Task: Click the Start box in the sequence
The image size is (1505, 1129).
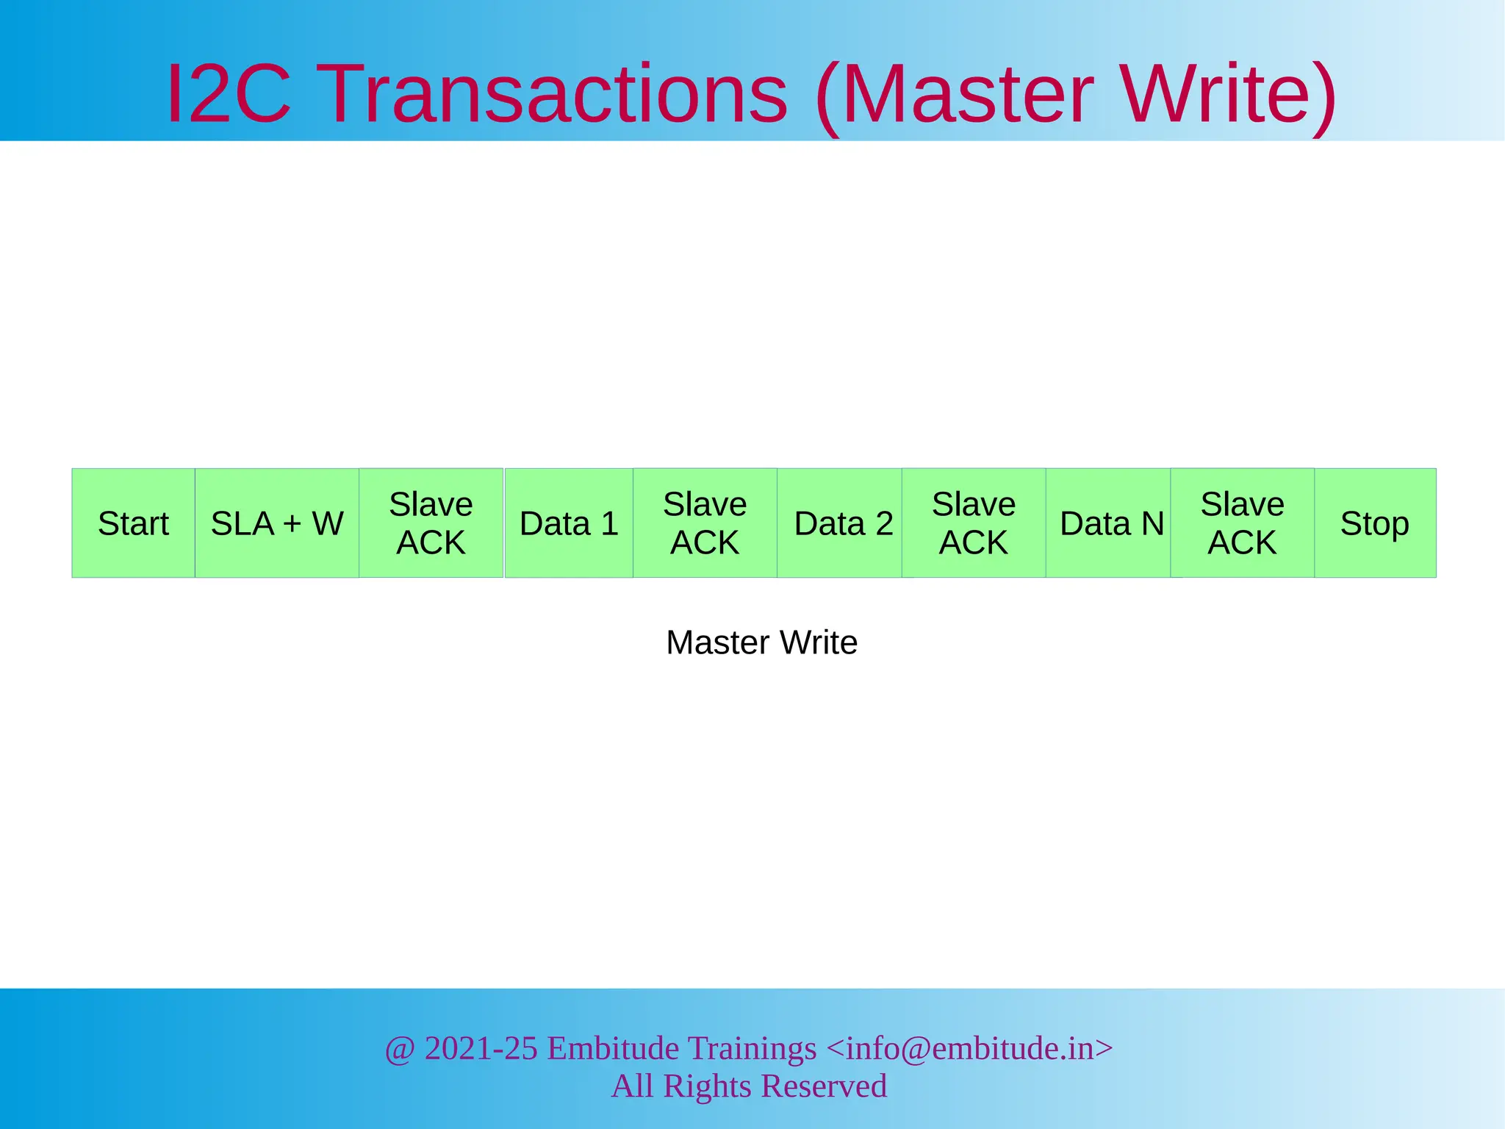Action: (x=133, y=523)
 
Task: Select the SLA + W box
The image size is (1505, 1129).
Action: (x=277, y=523)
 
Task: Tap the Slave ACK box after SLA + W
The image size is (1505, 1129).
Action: (x=431, y=523)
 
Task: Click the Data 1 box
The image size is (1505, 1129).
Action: (x=569, y=523)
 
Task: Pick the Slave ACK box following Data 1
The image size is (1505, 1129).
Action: (x=705, y=523)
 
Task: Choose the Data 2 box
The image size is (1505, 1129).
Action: (x=842, y=523)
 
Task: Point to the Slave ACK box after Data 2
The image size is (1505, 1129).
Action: (x=974, y=523)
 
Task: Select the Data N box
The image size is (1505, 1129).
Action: (x=1110, y=523)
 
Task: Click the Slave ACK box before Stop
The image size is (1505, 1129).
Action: (x=1242, y=523)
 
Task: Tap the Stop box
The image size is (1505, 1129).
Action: (x=1375, y=523)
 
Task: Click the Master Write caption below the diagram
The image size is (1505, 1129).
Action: (x=761, y=642)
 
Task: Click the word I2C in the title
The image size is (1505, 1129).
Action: (x=229, y=94)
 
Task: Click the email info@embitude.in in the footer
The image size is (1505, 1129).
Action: (x=970, y=1048)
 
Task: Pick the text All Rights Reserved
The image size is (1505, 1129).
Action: (x=749, y=1086)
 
